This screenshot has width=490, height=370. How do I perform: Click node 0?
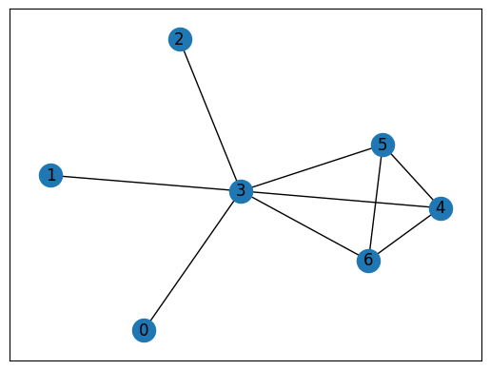144,330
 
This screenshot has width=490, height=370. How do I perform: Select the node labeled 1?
50,175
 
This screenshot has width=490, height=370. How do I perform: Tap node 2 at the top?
179,39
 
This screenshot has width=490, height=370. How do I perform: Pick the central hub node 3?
242,192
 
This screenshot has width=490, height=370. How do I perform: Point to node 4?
440,208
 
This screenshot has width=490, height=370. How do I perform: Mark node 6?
369,260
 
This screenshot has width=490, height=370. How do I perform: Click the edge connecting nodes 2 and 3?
210,115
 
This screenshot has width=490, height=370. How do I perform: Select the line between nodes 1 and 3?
146,184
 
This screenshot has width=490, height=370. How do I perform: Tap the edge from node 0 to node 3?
192,262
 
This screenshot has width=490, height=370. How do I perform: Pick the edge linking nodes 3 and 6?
305,225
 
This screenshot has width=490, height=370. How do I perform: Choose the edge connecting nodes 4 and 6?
404,234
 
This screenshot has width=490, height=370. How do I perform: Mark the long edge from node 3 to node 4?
314,198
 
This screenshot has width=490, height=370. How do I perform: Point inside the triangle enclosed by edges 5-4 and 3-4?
399,185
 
